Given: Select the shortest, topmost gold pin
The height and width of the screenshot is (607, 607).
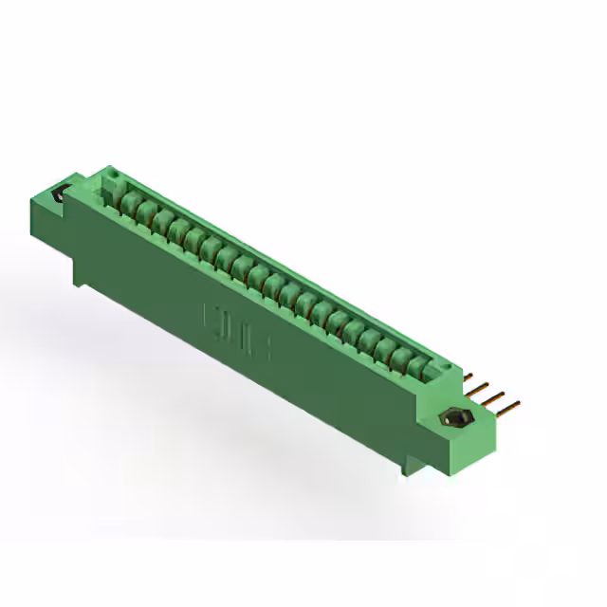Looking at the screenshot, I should pyautogui.click(x=468, y=377).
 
